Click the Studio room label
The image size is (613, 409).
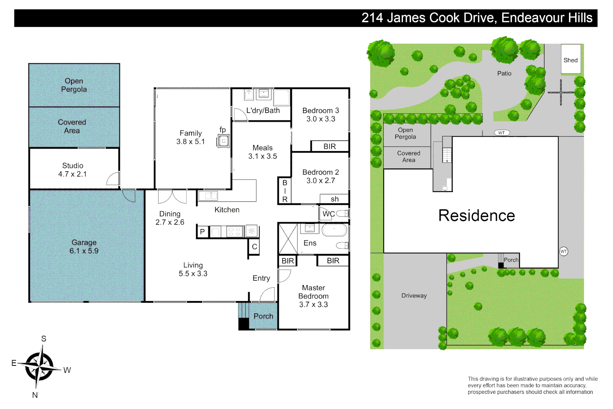click(73, 165)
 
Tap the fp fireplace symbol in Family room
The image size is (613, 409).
click(223, 141)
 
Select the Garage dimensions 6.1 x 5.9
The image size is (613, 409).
click(84, 251)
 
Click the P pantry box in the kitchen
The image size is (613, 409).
click(202, 231)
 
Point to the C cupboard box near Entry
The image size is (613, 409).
click(254, 247)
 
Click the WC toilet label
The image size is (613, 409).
click(328, 214)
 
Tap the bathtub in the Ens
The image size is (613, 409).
click(334, 230)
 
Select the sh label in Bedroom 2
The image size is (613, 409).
click(335, 199)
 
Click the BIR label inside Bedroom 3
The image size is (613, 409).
click(330, 146)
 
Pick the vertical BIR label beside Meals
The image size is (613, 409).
click(285, 191)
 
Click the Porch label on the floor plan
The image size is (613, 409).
click(263, 316)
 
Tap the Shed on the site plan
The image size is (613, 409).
click(570, 59)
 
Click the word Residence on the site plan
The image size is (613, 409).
click(476, 215)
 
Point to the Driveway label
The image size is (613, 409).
click(414, 296)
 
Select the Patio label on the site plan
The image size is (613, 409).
click(504, 73)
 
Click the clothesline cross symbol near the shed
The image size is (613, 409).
click(561, 92)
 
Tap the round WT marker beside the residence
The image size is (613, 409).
click(563, 251)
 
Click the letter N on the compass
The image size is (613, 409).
click(35, 395)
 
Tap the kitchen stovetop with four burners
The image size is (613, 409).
click(234, 231)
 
